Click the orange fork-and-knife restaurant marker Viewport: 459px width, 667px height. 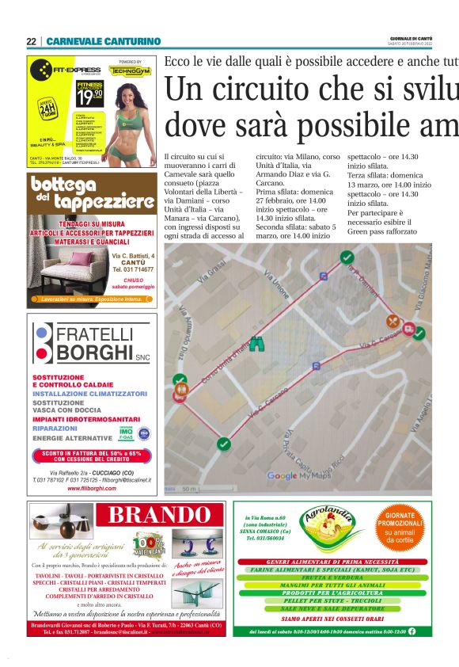(393, 322)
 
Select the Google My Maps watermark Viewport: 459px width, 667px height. (292, 475)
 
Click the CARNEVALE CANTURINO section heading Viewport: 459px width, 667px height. (103, 41)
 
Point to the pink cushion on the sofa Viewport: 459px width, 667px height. (82, 259)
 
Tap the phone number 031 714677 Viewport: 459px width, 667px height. (133, 270)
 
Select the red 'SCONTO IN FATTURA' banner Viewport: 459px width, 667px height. (92, 455)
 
